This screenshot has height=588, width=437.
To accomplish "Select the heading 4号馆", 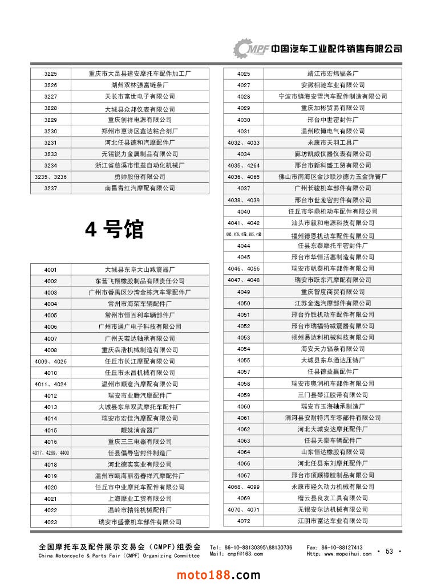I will pos(114,230).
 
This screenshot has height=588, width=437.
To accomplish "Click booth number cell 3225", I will pos(50,73).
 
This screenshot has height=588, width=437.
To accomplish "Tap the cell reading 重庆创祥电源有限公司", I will pos(140,120).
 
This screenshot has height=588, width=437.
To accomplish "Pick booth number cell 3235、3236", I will pos(50,177).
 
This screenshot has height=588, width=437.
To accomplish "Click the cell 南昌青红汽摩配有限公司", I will pos(140,188).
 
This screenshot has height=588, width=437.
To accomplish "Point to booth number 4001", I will pos(50,269).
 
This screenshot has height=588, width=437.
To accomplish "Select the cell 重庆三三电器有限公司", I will pos(140,442).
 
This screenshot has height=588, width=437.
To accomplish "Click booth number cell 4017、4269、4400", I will pos(50,453).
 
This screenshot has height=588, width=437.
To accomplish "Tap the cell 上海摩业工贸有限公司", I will pos(140,499).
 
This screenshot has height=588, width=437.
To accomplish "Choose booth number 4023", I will pos(50,522).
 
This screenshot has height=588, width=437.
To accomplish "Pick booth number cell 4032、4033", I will pos(244,142).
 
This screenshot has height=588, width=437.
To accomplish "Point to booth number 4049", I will pos(244,292).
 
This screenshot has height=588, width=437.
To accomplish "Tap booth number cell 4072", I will pos(244,521).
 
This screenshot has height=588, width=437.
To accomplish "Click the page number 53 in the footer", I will pos(390,551).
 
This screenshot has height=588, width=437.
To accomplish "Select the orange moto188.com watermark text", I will pos(218,575).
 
